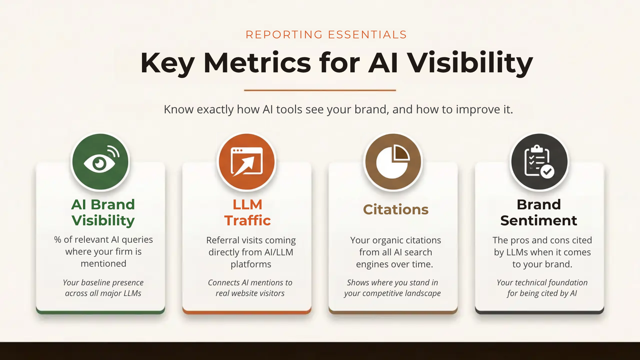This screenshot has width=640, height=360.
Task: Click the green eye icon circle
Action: [x=100, y=162]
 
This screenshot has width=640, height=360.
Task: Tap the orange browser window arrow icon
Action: [x=247, y=162]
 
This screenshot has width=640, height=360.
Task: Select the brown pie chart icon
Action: [x=393, y=162]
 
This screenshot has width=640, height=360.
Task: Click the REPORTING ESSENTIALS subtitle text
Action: [x=326, y=35]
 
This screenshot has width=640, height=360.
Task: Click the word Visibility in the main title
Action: [x=470, y=63]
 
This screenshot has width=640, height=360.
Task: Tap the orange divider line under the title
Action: [x=320, y=90]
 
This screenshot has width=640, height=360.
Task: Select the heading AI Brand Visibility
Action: [x=103, y=212]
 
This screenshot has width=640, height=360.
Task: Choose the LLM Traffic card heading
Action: [x=247, y=212]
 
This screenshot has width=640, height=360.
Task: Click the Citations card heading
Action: [x=396, y=210]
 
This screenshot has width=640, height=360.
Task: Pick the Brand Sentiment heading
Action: [x=539, y=212]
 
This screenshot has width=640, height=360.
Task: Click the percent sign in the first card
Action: [x=58, y=240]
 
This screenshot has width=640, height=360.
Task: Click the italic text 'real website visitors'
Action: [x=250, y=293]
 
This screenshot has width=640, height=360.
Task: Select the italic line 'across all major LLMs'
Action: [x=103, y=293]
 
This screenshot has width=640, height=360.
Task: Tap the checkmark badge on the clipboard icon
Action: [x=547, y=172]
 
